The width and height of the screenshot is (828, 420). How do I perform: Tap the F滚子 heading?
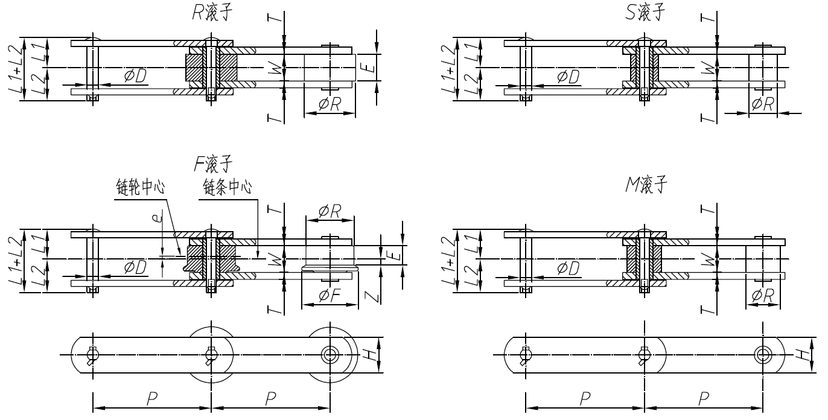tap(212, 163)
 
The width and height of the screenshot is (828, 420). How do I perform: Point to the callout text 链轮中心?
tap(140, 188)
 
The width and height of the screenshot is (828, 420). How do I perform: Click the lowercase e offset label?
tap(158, 223)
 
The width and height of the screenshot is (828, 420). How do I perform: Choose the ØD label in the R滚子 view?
tap(136, 76)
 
